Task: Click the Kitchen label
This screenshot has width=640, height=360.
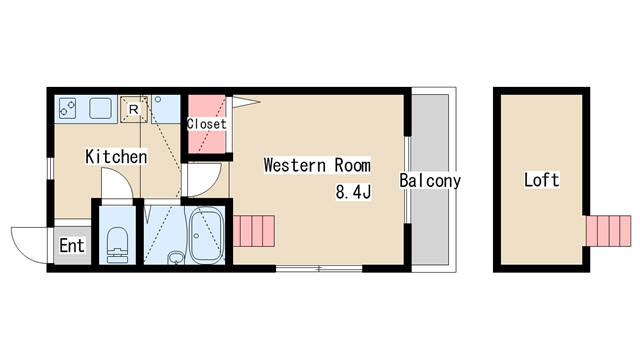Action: [116, 156]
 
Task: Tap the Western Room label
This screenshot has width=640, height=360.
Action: [317, 165]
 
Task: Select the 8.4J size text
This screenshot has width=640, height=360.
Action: [353, 191]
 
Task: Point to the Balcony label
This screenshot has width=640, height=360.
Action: [430, 180]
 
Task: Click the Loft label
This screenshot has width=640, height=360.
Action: [542, 180]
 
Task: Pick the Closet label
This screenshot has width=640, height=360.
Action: [207, 124]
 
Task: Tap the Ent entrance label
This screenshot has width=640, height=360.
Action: [72, 245]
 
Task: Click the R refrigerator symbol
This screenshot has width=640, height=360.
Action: [133, 109]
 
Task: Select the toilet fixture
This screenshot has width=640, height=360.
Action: [117, 244]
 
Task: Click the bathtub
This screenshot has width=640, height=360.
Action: [206, 236]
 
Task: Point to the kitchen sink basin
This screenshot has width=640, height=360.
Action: [100, 108]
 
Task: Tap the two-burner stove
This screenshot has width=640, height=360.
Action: [67, 109]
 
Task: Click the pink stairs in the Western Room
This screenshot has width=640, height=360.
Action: [253, 231]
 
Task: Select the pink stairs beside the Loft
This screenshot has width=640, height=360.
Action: [609, 231]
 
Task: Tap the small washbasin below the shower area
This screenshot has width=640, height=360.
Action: [176, 258]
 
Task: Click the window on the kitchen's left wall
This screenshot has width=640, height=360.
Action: [50, 168]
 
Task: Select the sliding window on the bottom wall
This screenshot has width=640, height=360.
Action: [319, 269]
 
